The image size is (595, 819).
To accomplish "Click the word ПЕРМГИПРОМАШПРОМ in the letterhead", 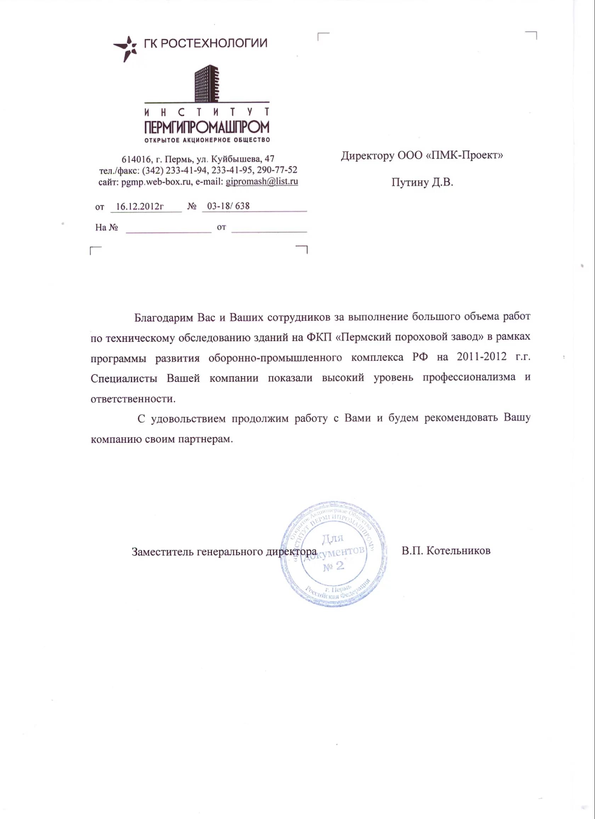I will (207, 127).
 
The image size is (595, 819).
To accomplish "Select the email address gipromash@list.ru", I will (262, 181).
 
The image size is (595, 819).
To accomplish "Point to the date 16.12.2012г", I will (140, 206).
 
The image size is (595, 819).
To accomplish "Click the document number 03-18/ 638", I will (228, 206).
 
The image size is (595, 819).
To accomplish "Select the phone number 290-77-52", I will (277, 170).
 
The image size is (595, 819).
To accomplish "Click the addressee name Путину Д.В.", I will (422, 182).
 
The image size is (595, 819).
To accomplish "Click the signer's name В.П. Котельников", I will (446, 551).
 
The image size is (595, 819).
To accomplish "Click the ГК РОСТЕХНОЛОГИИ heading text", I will (205, 43).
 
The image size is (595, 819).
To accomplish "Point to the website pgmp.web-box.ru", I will (156, 182).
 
